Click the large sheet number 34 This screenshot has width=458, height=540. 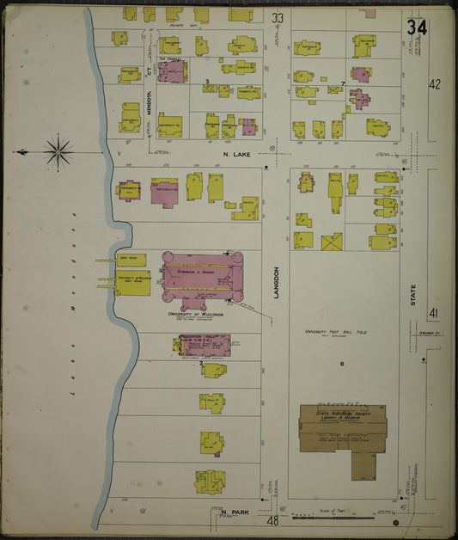click(418, 27)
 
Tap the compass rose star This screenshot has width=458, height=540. click(58, 152)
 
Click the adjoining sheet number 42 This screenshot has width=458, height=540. click(434, 84)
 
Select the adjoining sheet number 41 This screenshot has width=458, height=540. click(434, 314)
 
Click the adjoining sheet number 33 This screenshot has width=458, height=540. click(277, 17)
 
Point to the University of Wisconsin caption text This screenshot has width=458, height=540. click(195, 315)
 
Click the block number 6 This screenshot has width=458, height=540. click(341, 365)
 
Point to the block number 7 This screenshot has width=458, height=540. click(343, 83)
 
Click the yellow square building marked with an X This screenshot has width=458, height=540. click(332, 242)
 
